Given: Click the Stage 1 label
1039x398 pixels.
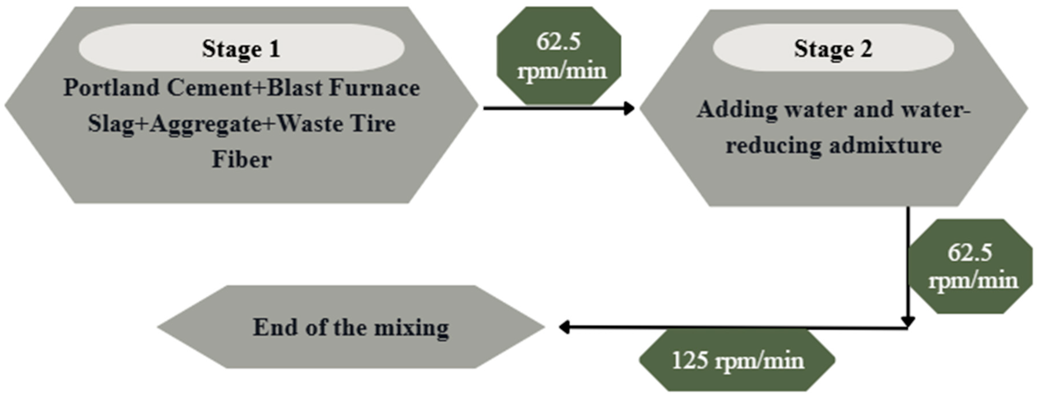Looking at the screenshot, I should tap(241, 49).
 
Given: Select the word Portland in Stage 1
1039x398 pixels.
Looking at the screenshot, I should tap(111, 88).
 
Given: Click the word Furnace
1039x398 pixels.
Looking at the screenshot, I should tap(374, 88).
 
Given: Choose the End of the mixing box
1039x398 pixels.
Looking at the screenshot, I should tap(351, 327).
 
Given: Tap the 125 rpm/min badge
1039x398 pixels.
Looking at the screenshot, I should tap(737, 360).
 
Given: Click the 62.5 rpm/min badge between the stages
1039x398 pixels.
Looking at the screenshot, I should tap(559, 56).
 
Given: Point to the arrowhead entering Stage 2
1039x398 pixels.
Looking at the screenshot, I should tap(628, 108).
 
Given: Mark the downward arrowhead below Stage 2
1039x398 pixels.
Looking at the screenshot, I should tap(908, 321).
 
